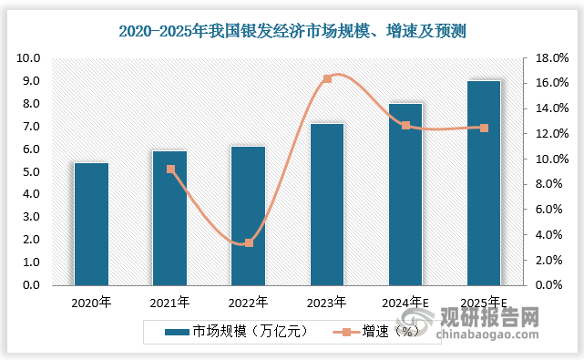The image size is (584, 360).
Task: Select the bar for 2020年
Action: [x=91, y=223]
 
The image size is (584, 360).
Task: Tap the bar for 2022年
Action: [x=248, y=215]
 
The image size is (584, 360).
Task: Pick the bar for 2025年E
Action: [x=484, y=182]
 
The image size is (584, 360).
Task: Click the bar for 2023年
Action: [x=327, y=204]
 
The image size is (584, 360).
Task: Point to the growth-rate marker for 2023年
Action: [x=327, y=78]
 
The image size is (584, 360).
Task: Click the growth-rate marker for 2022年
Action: [x=249, y=242]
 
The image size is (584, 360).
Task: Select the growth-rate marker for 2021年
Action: [x=170, y=169]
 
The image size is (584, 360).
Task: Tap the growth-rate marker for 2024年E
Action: [x=405, y=125]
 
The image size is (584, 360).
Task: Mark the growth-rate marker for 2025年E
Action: [x=484, y=128]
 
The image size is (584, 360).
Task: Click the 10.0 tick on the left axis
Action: [x=29, y=58]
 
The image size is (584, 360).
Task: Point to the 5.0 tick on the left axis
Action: [x=31, y=171]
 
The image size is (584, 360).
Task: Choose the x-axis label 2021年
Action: [x=170, y=302]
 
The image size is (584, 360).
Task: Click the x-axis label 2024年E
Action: [x=405, y=302]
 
